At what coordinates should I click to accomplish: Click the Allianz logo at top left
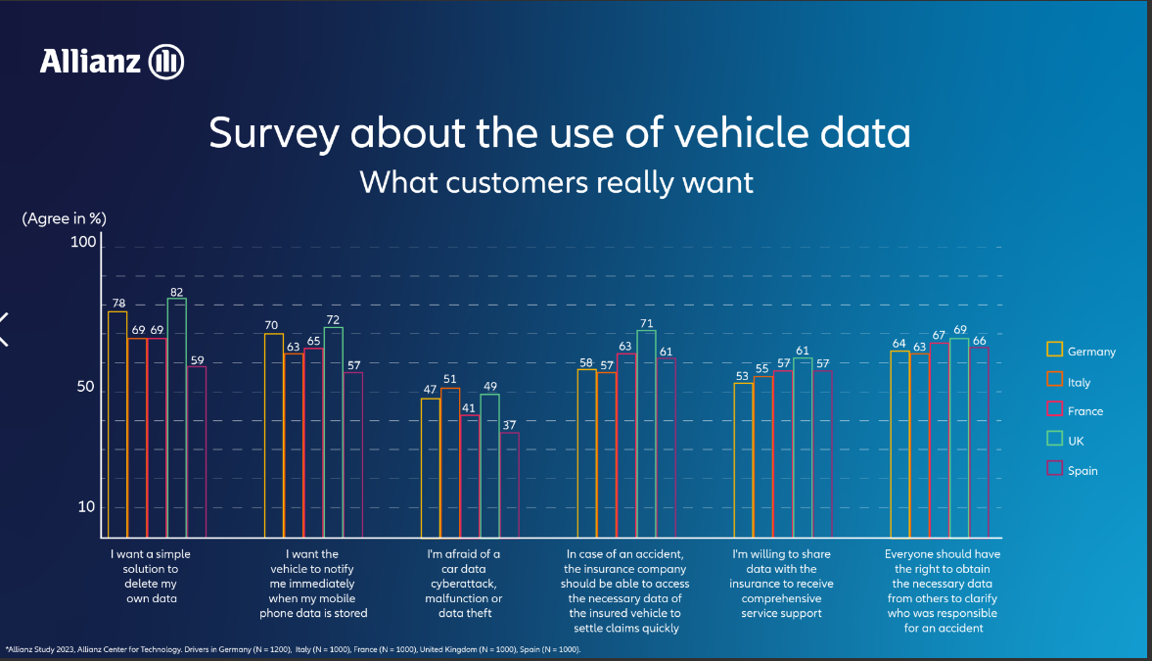pyautogui.click(x=112, y=62)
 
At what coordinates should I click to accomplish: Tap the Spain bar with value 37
pyautogui.click(x=509, y=485)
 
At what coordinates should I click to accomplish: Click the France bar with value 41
pyautogui.click(x=470, y=477)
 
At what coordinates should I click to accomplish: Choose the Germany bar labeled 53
pyautogui.click(x=744, y=460)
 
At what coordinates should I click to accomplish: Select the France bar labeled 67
pyautogui.click(x=940, y=440)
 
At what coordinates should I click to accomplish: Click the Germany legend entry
pyautogui.click(x=1081, y=351)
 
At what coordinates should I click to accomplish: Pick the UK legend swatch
pyautogui.click(x=1055, y=440)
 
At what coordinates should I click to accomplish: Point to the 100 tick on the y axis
pyautogui.click(x=84, y=243)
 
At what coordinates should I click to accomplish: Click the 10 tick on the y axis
pyautogui.click(x=86, y=506)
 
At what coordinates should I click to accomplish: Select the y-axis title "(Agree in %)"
pyautogui.click(x=64, y=218)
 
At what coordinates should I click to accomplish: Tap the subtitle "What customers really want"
pyautogui.click(x=556, y=182)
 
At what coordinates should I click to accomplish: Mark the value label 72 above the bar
pyautogui.click(x=333, y=320)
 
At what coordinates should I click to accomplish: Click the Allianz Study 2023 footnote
pyautogui.click(x=294, y=648)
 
